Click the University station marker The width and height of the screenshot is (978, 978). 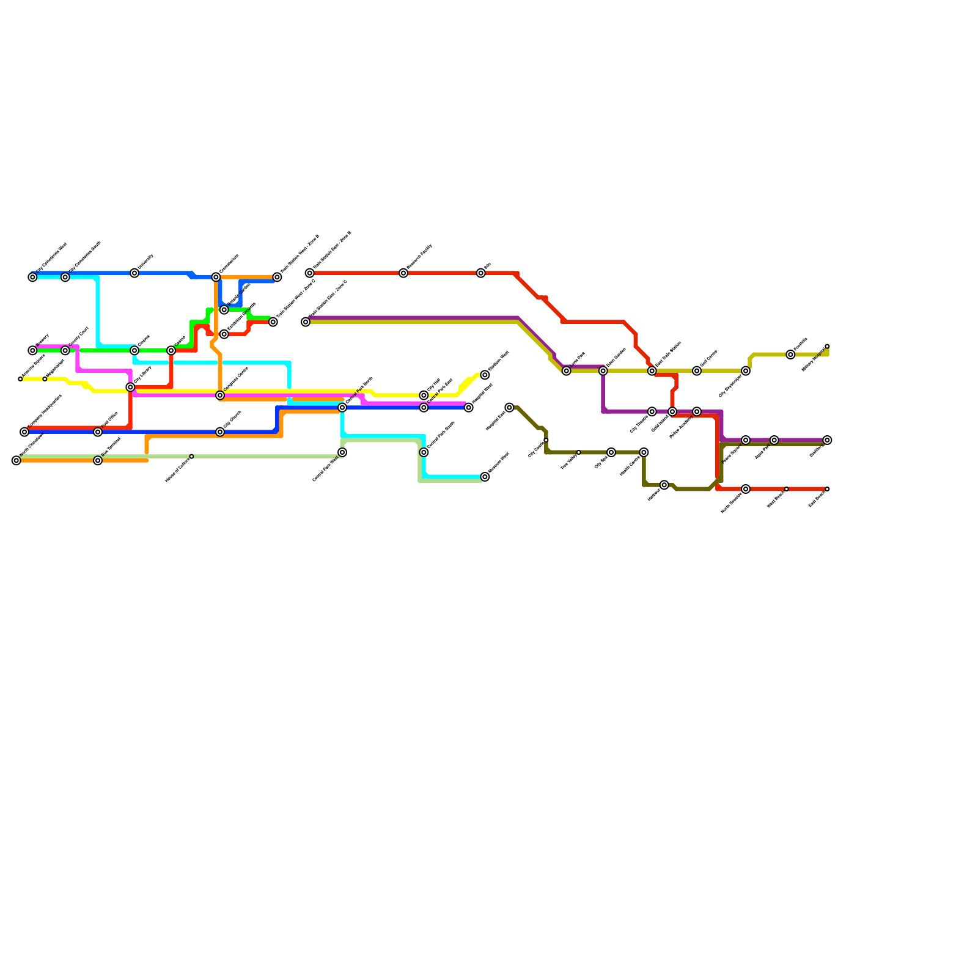coord(134,273)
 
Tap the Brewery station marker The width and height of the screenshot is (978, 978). coord(32,351)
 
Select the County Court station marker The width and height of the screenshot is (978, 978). coord(65,351)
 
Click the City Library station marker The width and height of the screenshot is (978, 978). coord(130,388)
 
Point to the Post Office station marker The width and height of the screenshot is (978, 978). coord(98,432)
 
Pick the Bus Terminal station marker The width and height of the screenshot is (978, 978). coord(98,461)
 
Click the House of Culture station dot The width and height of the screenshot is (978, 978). coord(191,457)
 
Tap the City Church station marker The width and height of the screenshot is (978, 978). coord(220,432)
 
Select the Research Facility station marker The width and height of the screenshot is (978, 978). coord(403,273)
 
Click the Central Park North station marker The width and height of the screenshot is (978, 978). coord(342,408)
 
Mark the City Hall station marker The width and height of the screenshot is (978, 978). coord(424,395)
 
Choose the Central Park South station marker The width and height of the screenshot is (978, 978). coord(424,452)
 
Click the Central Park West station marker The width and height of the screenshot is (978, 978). coord(342,452)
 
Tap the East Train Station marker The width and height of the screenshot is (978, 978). coord(652,371)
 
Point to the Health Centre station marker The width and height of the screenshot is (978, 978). coord(644,452)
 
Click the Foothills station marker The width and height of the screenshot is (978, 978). coord(790,355)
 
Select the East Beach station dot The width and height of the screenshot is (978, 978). coord(827,489)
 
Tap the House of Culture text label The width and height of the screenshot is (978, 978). coord(177,471)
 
